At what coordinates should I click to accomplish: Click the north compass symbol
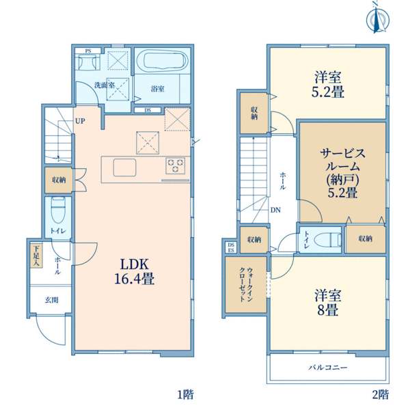coord(378,18)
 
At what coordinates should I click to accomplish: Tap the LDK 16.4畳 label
coord(135,271)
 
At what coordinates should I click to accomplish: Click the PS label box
coord(88,51)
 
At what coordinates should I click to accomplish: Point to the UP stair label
coord(80,121)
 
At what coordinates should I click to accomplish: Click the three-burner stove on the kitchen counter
coord(175,165)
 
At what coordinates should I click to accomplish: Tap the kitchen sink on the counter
coord(125,167)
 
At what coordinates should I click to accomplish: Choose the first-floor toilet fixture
coord(58,210)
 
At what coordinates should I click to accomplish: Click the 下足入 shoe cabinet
coord(36,256)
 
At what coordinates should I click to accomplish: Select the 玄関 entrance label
coord(51,300)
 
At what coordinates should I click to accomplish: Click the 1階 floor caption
coord(186,394)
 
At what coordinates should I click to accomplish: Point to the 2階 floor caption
coord(381,394)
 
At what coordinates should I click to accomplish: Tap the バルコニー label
coord(328,368)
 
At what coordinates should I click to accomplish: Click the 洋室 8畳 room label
coord(328,302)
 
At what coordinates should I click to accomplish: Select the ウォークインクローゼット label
coord(246,284)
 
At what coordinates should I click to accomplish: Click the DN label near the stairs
coord(275,210)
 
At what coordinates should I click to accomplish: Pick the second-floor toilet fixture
coord(328,240)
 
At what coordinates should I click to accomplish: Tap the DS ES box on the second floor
coord(231,247)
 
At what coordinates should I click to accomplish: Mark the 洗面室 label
coord(105,85)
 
